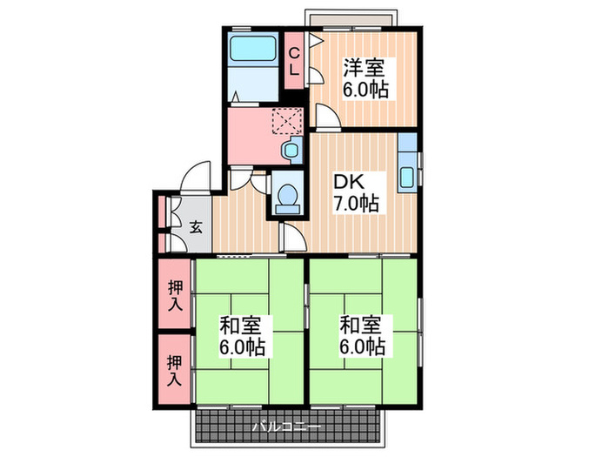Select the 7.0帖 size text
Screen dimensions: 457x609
[x=357, y=205]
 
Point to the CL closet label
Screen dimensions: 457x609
[x=295, y=60]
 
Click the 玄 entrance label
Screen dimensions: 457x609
[x=197, y=228]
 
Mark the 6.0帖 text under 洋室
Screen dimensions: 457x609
[x=365, y=89]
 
